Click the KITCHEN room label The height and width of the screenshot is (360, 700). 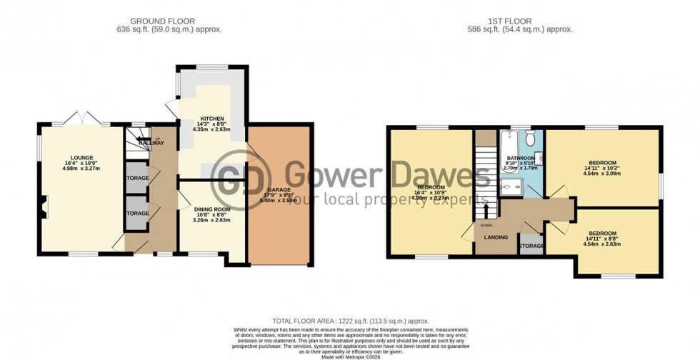pos(212,119)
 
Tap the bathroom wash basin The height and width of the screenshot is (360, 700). pos(541,159)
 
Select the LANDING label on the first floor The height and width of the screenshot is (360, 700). pos(496,237)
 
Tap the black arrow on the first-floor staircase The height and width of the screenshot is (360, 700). pos(486,209)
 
